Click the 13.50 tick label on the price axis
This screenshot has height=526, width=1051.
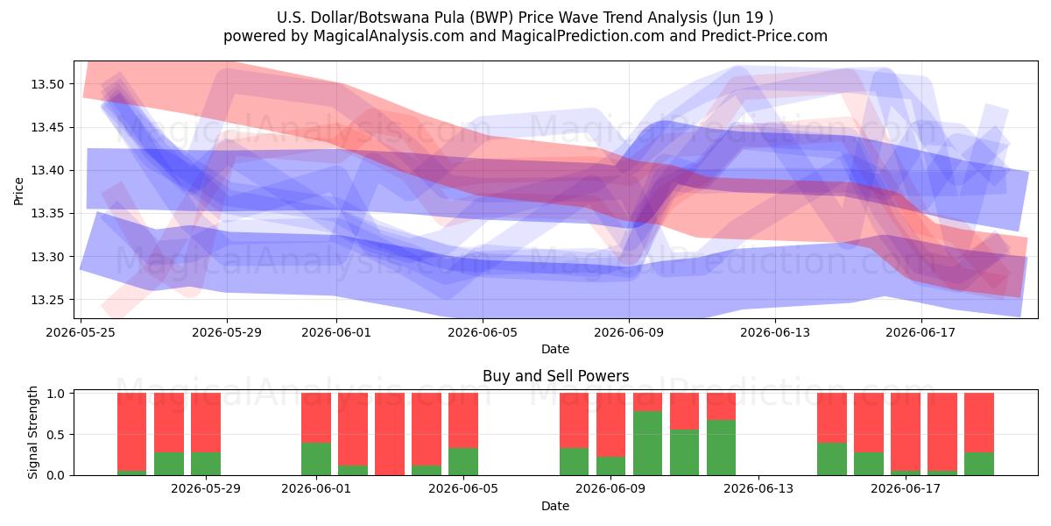[x=46, y=84]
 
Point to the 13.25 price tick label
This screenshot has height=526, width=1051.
[x=46, y=300]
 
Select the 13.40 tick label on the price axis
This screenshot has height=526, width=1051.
[x=46, y=170]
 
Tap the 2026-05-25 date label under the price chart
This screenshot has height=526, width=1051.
[x=81, y=332]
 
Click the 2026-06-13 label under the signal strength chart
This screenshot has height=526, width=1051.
[x=758, y=489]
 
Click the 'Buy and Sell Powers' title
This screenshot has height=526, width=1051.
[x=555, y=376]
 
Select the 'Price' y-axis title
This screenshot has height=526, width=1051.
[x=18, y=191]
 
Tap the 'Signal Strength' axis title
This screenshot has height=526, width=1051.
[x=32, y=432]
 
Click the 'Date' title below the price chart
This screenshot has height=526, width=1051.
[x=555, y=349]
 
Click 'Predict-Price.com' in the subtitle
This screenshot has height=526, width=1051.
[x=765, y=36]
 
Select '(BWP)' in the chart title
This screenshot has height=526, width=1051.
[x=495, y=18]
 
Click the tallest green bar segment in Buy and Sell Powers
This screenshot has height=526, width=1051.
[x=647, y=443]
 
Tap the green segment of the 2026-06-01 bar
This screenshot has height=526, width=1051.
[x=316, y=458]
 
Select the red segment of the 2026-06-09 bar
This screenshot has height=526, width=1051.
[x=610, y=424]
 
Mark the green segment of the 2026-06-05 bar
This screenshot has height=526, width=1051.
[x=463, y=461]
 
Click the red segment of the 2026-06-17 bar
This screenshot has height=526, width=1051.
[x=906, y=431]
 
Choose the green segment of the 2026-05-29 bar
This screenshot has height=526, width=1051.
[x=206, y=464]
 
